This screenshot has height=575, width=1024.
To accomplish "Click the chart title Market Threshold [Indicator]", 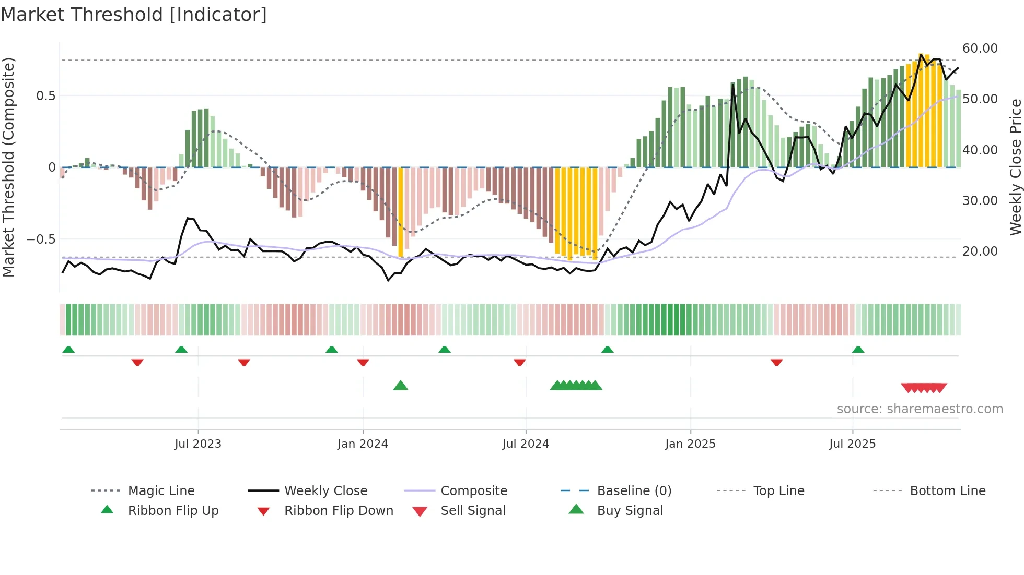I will coord(134,15).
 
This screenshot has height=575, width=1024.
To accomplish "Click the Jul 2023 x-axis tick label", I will coord(198,444).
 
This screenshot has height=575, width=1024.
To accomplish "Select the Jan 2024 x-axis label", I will coord(363,444).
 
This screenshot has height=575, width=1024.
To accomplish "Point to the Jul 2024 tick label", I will coord(526,444).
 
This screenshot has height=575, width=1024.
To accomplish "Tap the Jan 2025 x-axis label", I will coord(690,444).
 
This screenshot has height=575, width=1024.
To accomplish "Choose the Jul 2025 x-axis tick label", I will coord(852,444).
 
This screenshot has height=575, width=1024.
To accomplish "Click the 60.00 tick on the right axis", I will coord(980,49).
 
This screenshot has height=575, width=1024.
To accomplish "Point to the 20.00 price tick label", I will coord(980,251).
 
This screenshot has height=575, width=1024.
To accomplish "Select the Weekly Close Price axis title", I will coord(1015,167).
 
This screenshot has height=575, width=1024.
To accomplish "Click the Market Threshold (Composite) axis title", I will coord(8,167).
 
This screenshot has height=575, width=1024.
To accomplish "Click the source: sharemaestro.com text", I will coord(920,409).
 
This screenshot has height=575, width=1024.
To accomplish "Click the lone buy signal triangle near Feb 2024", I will coord(401,386).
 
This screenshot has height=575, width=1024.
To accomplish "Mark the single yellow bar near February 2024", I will coord(401,211).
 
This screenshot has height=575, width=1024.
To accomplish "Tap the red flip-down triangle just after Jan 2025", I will coord(776,362).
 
